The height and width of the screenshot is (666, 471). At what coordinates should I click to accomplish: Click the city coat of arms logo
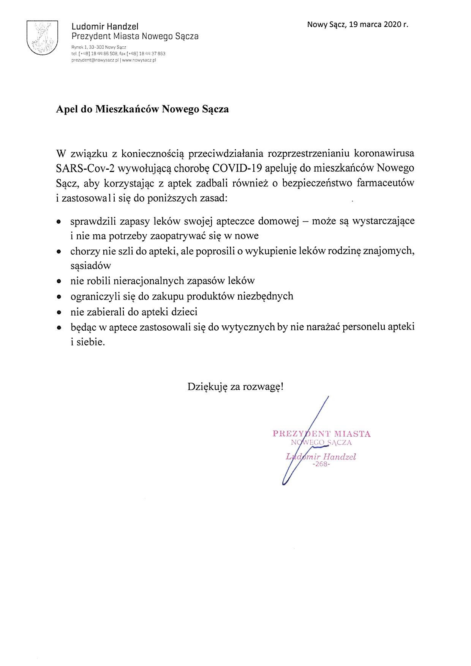click(43, 38)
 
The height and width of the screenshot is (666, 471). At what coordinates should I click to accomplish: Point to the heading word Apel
click(67, 109)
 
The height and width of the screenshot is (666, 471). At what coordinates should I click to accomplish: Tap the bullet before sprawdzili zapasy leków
click(58, 221)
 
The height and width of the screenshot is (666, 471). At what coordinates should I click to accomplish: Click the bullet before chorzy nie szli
click(58, 251)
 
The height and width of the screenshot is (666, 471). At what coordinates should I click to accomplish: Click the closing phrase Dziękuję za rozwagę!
click(235, 387)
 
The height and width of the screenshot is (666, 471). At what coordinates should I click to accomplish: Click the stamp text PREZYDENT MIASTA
click(321, 434)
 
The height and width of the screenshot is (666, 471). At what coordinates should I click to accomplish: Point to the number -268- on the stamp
click(321, 464)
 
